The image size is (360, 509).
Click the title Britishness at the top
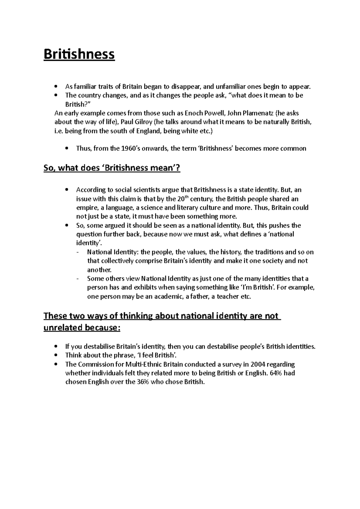79,55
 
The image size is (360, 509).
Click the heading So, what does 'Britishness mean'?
112,168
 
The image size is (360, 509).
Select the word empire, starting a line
86,208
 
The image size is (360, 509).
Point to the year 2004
258,365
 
